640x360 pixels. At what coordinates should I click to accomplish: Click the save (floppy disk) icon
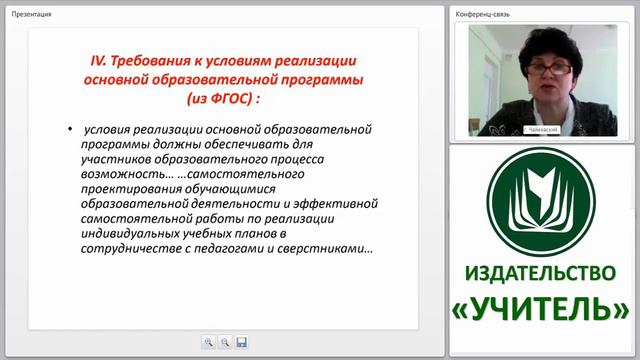click(x=242, y=342)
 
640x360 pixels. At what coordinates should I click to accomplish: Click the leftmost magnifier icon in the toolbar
click(x=208, y=342)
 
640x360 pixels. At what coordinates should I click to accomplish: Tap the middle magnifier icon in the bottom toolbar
click(x=225, y=342)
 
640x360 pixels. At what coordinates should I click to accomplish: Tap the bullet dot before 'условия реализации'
click(x=70, y=131)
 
